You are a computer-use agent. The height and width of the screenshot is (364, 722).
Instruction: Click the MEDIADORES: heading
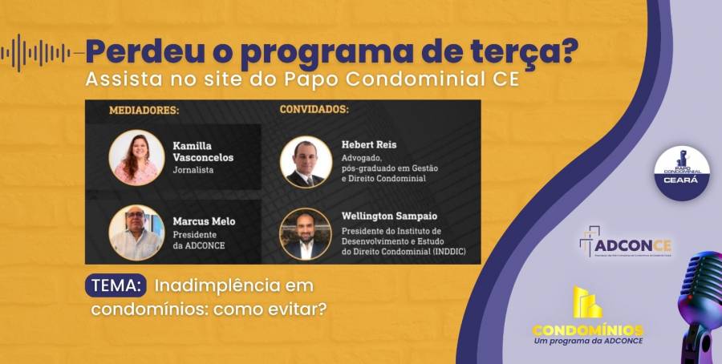[x=144, y=111]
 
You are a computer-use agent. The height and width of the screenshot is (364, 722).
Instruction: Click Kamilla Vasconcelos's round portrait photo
[x=136, y=158]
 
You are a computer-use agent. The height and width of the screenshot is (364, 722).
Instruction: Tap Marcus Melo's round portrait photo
[x=136, y=233]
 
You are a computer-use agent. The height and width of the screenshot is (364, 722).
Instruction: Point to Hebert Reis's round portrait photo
[x=306, y=161]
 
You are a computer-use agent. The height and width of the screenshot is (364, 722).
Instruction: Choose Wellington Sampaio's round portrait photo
[x=306, y=233]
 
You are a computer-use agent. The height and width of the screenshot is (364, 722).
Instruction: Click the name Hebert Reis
[x=369, y=145]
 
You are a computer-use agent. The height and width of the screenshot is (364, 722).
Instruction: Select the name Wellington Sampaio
[x=391, y=215]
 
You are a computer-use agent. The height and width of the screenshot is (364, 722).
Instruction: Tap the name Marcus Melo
[x=205, y=221]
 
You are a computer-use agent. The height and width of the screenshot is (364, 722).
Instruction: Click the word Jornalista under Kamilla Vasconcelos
[x=193, y=171]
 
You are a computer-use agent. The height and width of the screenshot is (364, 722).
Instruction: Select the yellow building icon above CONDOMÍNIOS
[x=587, y=302]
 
